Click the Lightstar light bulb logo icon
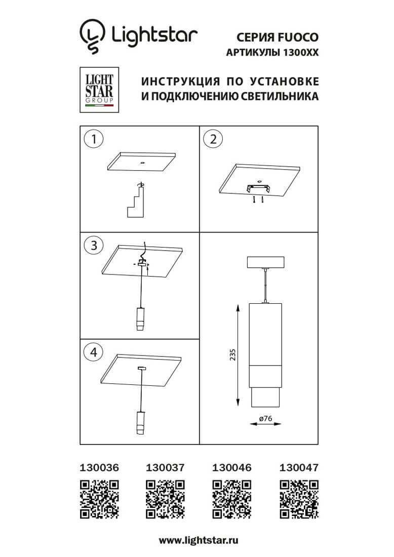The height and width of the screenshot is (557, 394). coord(92,36)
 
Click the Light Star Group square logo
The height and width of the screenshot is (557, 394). coord(99,90)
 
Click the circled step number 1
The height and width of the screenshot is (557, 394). coord(94,139)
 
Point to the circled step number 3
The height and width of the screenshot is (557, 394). coord(94,246)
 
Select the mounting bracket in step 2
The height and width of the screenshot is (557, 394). coord(258,189)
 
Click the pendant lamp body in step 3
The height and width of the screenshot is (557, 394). coord(141,318)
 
